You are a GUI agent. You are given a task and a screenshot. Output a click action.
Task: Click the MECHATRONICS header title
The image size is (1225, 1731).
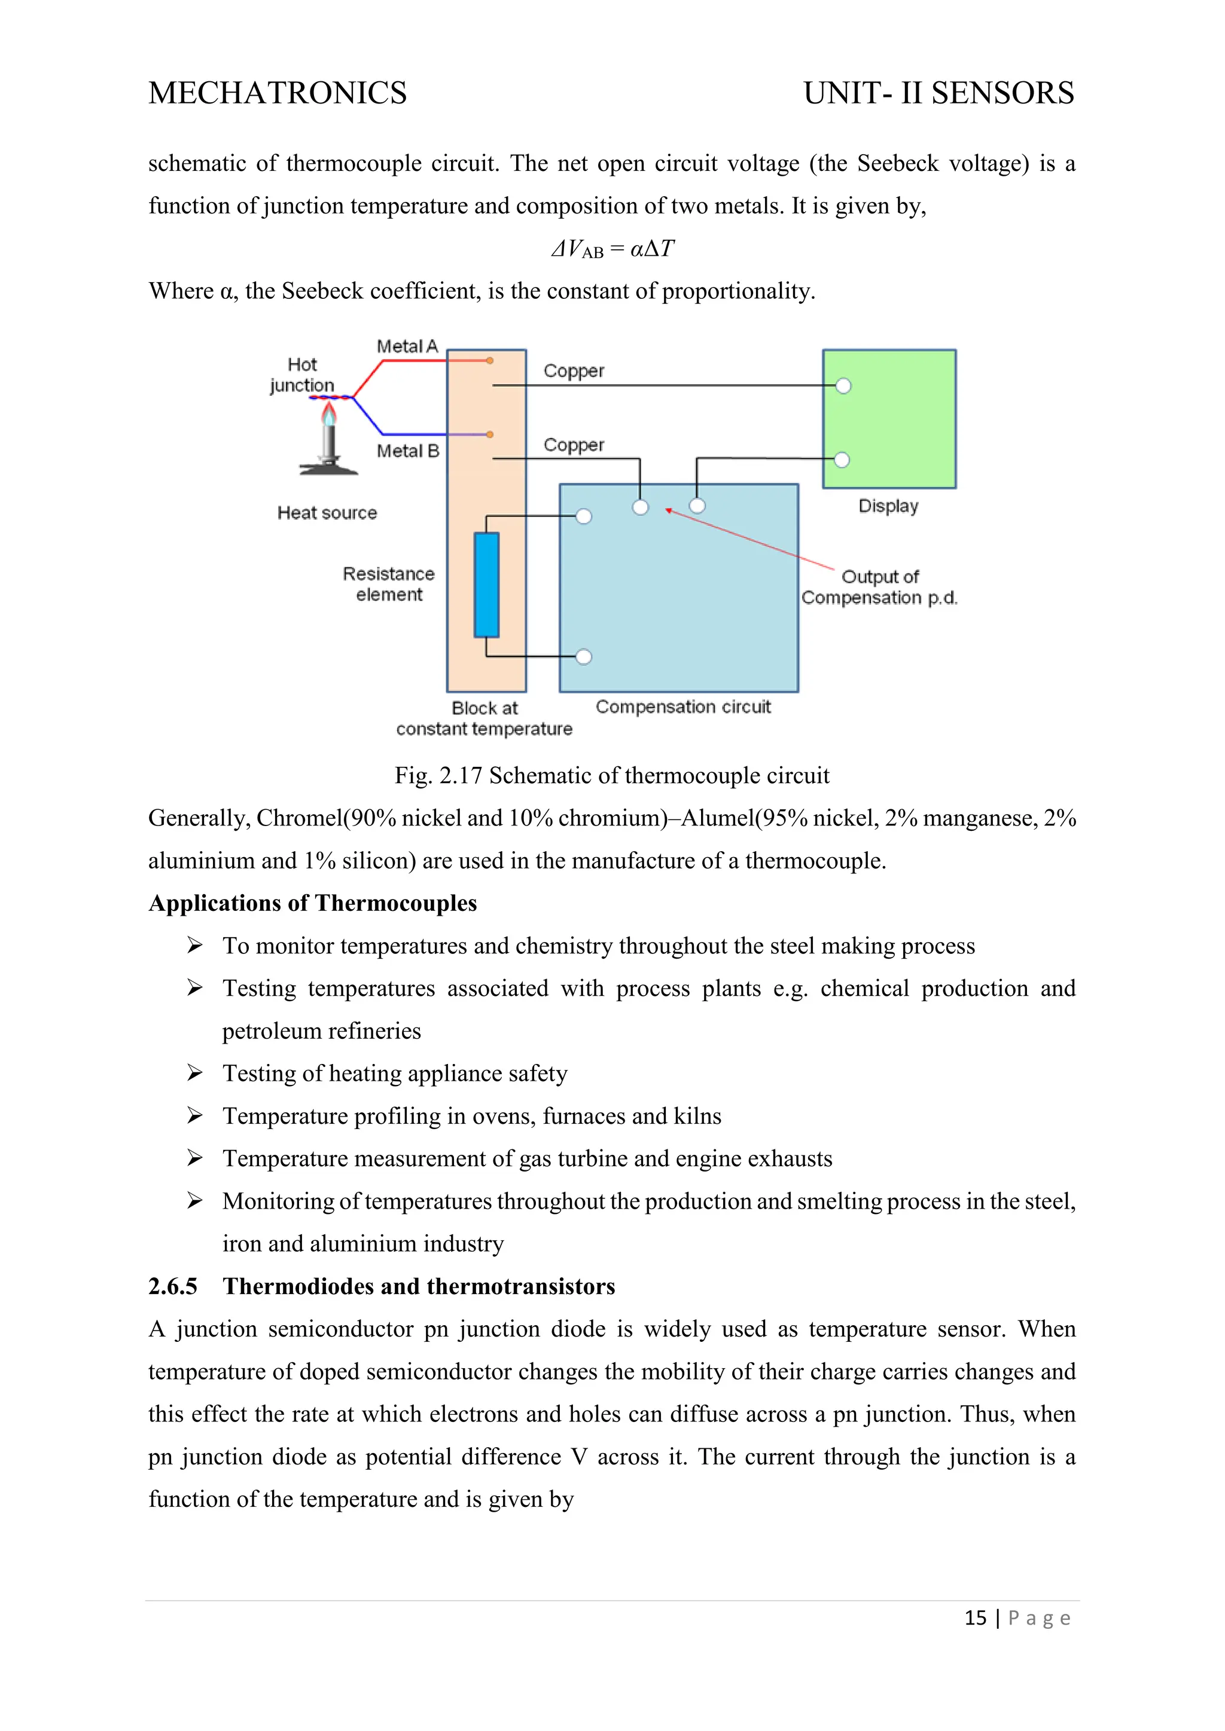(x=278, y=93)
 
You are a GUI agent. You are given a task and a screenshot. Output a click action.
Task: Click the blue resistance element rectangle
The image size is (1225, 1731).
(x=486, y=585)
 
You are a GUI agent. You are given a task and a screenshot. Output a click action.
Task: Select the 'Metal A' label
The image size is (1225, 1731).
(x=407, y=346)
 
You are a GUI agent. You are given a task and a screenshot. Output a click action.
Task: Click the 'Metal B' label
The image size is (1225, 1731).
(x=408, y=451)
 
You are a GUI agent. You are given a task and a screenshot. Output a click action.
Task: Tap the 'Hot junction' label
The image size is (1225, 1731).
(x=301, y=375)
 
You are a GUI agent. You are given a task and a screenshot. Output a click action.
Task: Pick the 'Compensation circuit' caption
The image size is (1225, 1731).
(x=682, y=707)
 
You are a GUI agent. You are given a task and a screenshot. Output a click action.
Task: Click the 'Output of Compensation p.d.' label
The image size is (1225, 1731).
(x=879, y=586)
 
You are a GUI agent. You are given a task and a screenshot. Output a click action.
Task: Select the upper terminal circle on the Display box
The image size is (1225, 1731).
(x=843, y=386)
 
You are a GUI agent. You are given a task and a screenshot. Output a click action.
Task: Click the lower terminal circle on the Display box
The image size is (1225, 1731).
(x=842, y=460)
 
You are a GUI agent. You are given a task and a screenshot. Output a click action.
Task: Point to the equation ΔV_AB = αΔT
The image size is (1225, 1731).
(x=612, y=249)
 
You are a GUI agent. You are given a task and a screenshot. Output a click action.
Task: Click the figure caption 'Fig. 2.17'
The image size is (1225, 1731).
(x=437, y=775)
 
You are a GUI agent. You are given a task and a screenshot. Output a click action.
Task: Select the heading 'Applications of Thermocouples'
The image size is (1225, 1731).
(x=312, y=903)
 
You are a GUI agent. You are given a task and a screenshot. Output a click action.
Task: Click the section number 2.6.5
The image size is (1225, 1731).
(x=173, y=1286)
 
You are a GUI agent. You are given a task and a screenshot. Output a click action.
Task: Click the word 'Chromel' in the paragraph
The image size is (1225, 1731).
(x=298, y=818)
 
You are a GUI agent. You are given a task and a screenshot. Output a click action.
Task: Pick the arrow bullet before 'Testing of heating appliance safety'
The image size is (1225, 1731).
(x=194, y=1073)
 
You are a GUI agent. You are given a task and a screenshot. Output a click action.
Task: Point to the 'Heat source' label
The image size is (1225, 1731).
(x=327, y=513)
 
